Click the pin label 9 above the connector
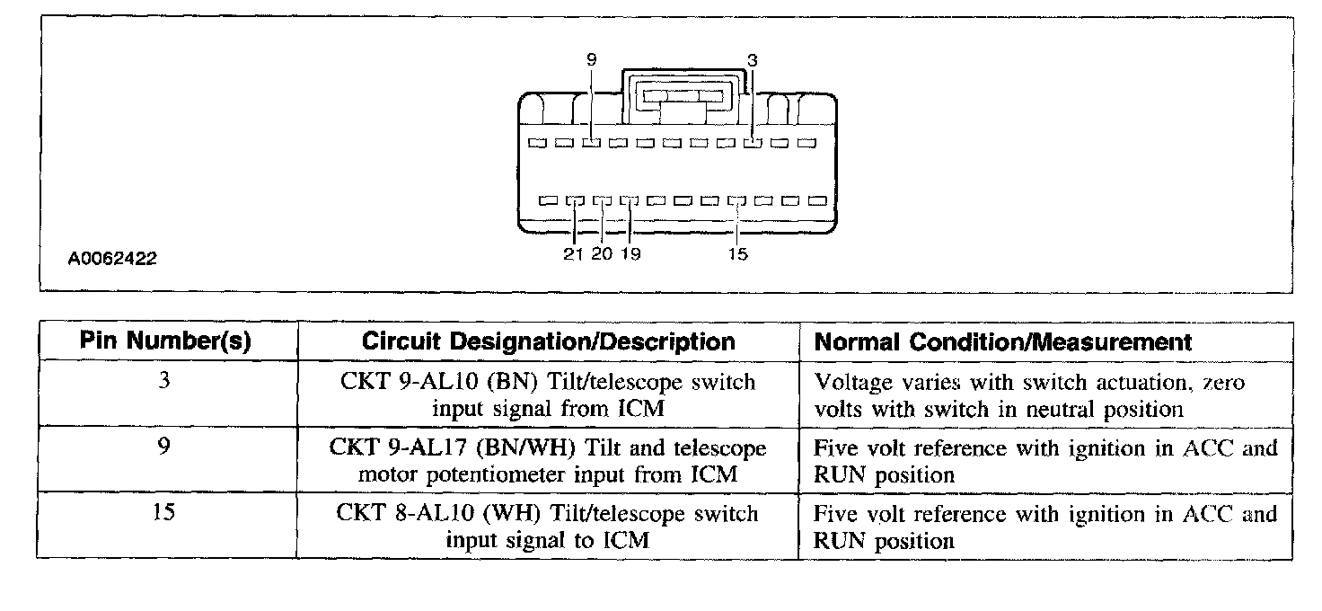591,60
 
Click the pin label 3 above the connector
753,60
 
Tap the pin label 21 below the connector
574,254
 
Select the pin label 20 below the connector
602,254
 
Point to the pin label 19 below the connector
630,254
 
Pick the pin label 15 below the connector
737,254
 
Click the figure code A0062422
112,260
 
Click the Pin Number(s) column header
165,341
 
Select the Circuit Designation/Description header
548,341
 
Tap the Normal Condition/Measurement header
1003,341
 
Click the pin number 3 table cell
163,381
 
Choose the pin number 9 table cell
163,447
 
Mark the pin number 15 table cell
163,513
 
